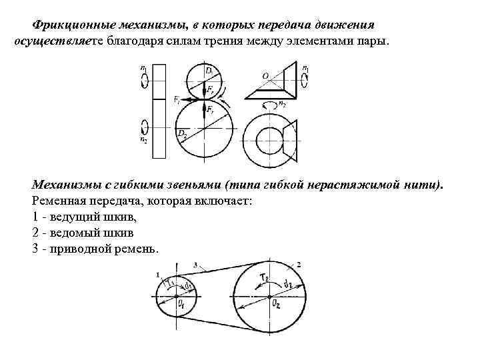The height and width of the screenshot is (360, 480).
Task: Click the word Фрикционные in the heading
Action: [x=70, y=25]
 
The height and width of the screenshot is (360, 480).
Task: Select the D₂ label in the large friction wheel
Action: [x=181, y=133]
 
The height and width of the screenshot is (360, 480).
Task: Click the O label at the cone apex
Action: [x=265, y=76]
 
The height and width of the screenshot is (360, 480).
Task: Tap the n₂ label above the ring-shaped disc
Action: [x=282, y=103]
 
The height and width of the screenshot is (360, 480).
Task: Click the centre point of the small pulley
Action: [x=175, y=296]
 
